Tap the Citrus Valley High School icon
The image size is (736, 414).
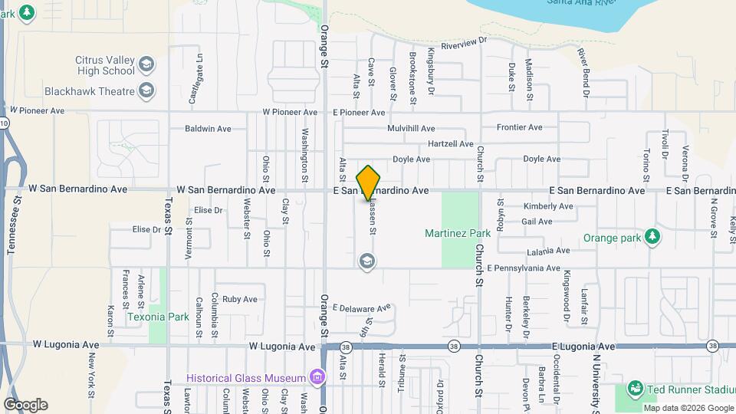(147, 64)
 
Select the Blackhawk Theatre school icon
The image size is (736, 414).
(147, 91)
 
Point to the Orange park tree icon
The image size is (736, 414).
(652, 237)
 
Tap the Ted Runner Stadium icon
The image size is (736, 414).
(635, 387)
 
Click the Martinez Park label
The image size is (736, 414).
(458, 232)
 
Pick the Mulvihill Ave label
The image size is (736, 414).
(411, 128)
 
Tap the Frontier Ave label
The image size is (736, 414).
(519, 127)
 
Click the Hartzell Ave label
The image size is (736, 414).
(451, 143)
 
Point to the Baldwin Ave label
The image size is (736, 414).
(208, 128)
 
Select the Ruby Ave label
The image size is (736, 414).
(239, 299)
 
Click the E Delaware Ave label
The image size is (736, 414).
(361, 308)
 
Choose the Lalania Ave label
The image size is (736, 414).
(548, 251)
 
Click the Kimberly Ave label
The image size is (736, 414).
(547, 206)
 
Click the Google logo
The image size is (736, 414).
(25, 405)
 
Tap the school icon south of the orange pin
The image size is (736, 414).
(367, 261)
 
